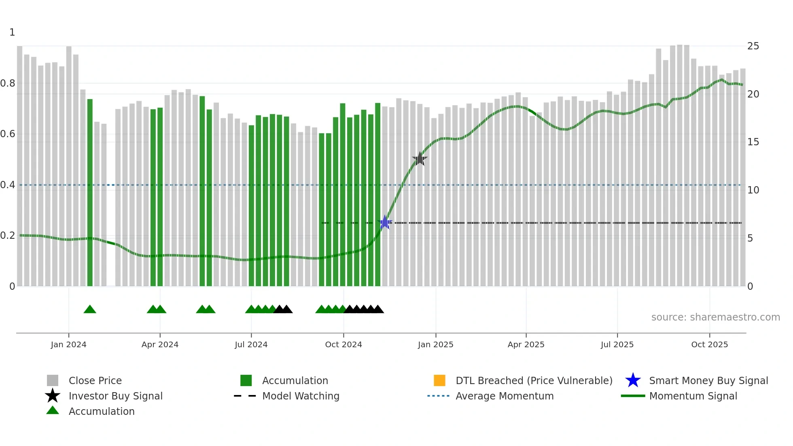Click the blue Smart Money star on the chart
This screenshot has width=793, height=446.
pyautogui.click(x=385, y=223)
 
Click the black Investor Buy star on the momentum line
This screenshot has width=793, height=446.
pyautogui.click(x=420, y=159)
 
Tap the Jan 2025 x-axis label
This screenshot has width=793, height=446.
pyautogui.click(x=435, y=344)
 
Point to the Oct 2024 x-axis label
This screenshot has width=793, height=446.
pyautogui.click(x=343, y=344)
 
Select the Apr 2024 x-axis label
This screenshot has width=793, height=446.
pyautogui.click(x=160, y=344)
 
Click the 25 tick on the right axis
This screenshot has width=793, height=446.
pyautogui.click(x=753, y=46)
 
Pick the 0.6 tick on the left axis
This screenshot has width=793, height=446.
pyautogui.click(x=8, y=134)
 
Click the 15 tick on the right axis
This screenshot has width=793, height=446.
pyautogui.click(x=753, y=142)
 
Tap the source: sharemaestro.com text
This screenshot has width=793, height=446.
pyautogui.click(x=715, y=317)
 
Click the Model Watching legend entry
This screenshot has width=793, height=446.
pyautogui.click(x=300, y=396)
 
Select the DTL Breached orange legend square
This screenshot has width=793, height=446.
pyautogui.click(x=439, y=380)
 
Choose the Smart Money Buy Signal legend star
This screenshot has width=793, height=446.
pyautogui.click(x=633, y=380)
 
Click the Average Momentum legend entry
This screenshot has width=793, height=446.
pyautogui.click(x=504, y=396)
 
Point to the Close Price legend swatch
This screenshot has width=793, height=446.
pyautogui.click(x=53, y=380)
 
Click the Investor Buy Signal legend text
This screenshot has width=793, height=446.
pyautogui.click(x=115, y=396)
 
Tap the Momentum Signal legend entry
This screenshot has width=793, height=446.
pyautogui.click(x=693, y=396)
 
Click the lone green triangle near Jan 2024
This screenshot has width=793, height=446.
pyautogui.click(x=90, y=310)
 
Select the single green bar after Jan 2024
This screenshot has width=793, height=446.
pyautogui.click(x=90, y=192)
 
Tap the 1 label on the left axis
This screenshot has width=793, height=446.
pyautogui.click(x=12, y=32)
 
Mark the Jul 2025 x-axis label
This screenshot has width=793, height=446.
pyautogui.click(x=617, y=344)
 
